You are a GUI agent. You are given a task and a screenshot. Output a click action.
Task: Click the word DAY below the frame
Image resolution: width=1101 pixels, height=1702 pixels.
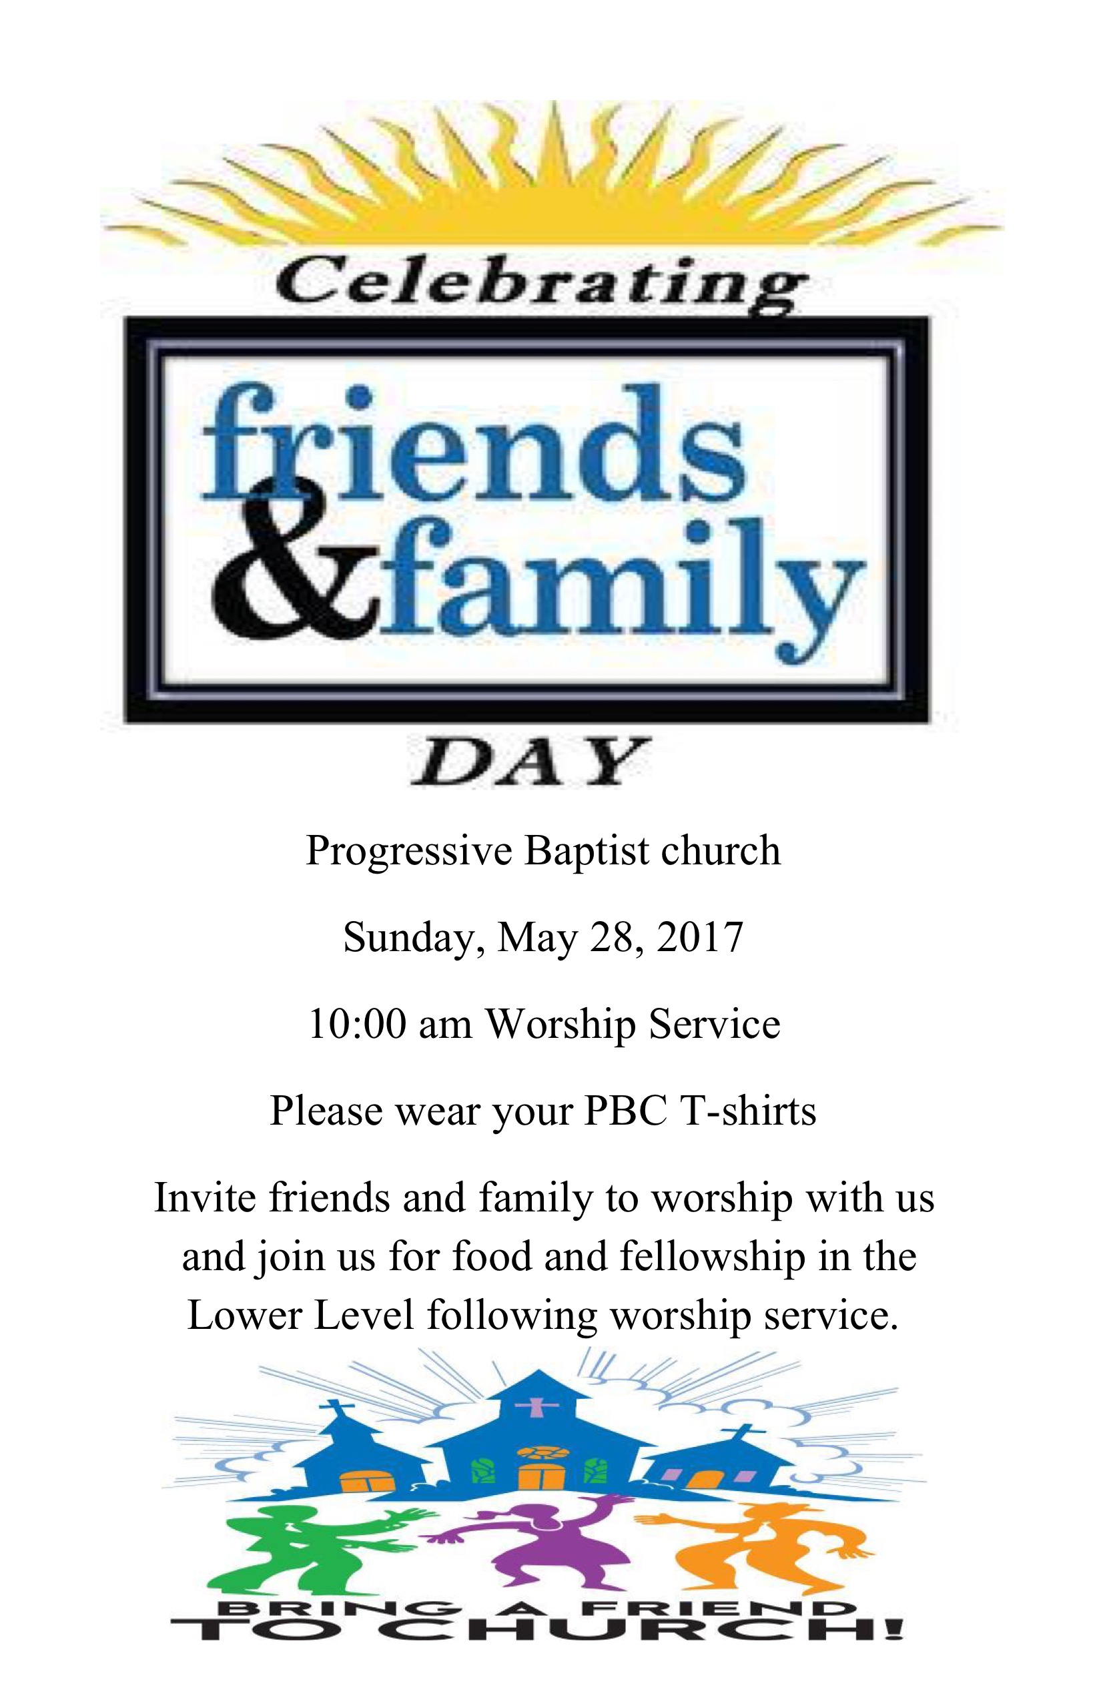coord(530,762)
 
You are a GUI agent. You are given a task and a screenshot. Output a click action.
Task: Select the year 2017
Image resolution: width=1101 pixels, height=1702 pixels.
coord(700,938)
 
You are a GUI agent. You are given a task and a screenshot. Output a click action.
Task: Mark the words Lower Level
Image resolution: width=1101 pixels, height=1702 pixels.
coord(301,1315)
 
